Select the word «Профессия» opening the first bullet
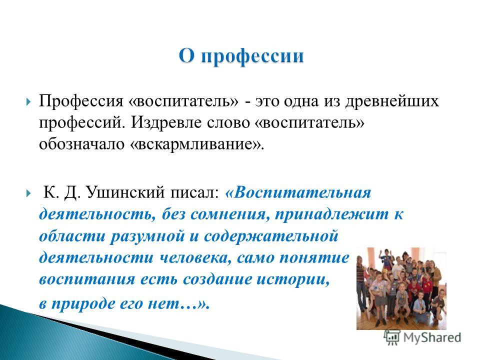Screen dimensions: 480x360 tap(81, 101)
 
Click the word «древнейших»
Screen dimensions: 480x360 tap(392, 101)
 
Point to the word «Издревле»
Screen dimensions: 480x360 tap(167, 123)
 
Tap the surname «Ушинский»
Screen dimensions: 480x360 tap(126, 193)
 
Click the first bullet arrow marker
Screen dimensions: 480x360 tap(28, 102)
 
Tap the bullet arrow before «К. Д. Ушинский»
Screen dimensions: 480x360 tap(28, 193)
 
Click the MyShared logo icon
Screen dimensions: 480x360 tap(392, 337)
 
